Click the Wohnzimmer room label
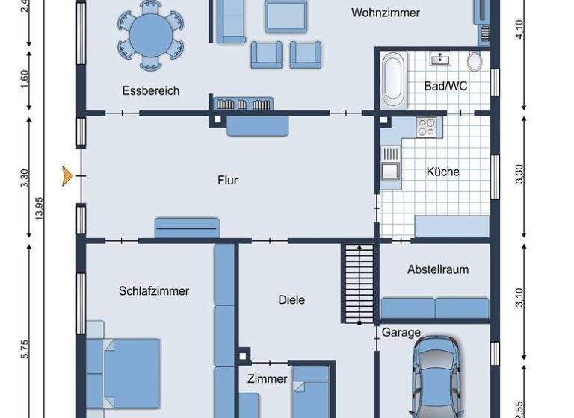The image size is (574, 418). click(x=385, y=13)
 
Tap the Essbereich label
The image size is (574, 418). click(x=151, y=91)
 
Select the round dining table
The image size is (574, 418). click(x=152, y=34)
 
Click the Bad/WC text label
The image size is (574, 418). click(x=445, y=86)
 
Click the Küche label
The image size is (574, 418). click(x=442, y=172)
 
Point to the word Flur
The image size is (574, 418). click(x=227, y=180)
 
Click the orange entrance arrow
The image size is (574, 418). click(x=67, y=176)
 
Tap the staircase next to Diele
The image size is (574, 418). click(x=358, y=284)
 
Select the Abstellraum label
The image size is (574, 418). click(x=438, y=269)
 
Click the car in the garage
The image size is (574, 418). click(x=441, y=377)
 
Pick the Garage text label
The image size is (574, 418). click(x=401, y=333)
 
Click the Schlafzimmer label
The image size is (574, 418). click(x=154, y=291)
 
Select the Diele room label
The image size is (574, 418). click(x=291, y=300)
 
